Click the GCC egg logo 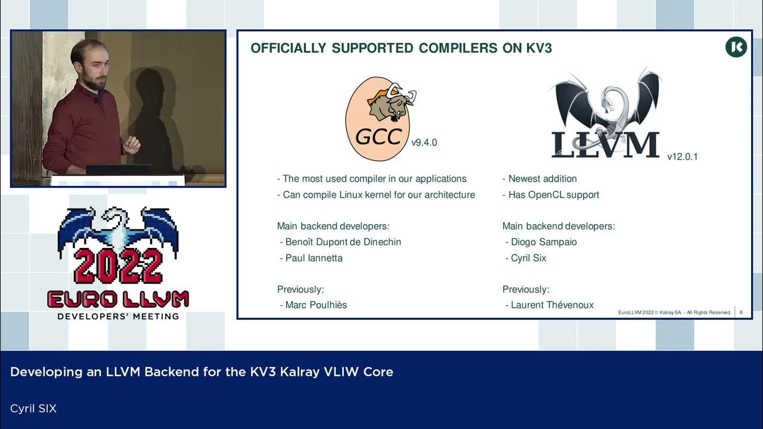[x=378, y=119]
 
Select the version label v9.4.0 [x=424, y=143]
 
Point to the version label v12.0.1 [x=682, y=157]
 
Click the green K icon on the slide [x=736, y=47]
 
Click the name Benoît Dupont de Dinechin [x=343, y=242]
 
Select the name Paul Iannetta [x=314, y=258]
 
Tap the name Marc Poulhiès [x=316, y=305]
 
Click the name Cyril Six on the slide [x=528, y=258]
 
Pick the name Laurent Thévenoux [x=552, y=305]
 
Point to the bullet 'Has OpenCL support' [x=553, y=195]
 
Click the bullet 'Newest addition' [x=542, y=179]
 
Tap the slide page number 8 [x=741, y=312]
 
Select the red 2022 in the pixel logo [x=118, y=266]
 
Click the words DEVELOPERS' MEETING [x=118, y=316]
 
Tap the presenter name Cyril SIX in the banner [x=33, y=409]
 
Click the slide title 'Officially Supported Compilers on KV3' [x=401, y=48]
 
